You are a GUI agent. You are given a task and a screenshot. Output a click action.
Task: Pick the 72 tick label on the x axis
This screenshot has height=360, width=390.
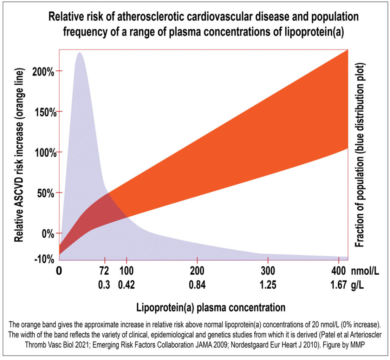click(x=104, y=271)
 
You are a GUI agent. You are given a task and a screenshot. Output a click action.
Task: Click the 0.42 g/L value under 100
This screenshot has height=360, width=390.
click(x=127, y=285)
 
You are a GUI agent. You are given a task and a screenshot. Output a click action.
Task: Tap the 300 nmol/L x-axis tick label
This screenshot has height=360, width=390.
click(x=268, y=271)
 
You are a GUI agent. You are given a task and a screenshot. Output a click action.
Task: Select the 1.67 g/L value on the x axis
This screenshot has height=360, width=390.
click(x=338, y=285)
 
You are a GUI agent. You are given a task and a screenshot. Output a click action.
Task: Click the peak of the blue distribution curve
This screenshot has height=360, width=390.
click(x=79, y=53)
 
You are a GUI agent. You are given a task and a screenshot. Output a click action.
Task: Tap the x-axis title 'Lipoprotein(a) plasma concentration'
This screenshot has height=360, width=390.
click(x=211, y=307)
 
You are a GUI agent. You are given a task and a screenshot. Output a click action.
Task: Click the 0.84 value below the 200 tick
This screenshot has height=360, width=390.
click(x=197, y=285)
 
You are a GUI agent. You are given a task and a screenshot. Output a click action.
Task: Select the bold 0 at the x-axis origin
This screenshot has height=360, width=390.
click(x=59, y=271)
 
